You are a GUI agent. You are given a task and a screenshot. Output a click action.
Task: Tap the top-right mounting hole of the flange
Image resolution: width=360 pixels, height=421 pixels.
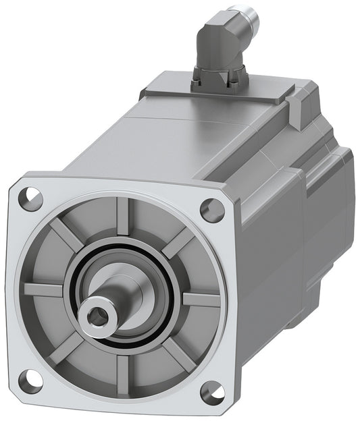(213, 210)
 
